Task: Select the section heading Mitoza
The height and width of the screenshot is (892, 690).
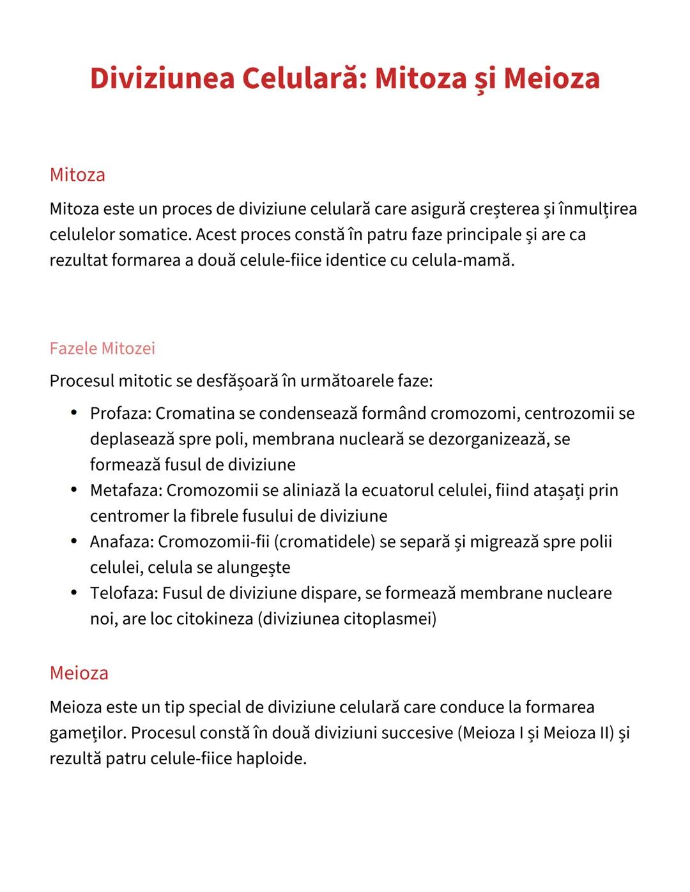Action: pos(77,175)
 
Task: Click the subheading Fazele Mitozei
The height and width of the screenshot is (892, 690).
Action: pos(102,349)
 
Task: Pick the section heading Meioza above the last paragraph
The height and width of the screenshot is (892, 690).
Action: pos(79,673)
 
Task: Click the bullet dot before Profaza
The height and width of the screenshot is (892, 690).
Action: pos(75,413)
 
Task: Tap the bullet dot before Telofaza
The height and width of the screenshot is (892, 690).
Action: pos(75,593)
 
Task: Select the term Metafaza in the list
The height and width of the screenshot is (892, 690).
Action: pos(125,490)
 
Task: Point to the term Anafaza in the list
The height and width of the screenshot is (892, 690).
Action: pos(121,542)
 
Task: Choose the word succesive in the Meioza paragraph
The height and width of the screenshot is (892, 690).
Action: pos(417,733)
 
